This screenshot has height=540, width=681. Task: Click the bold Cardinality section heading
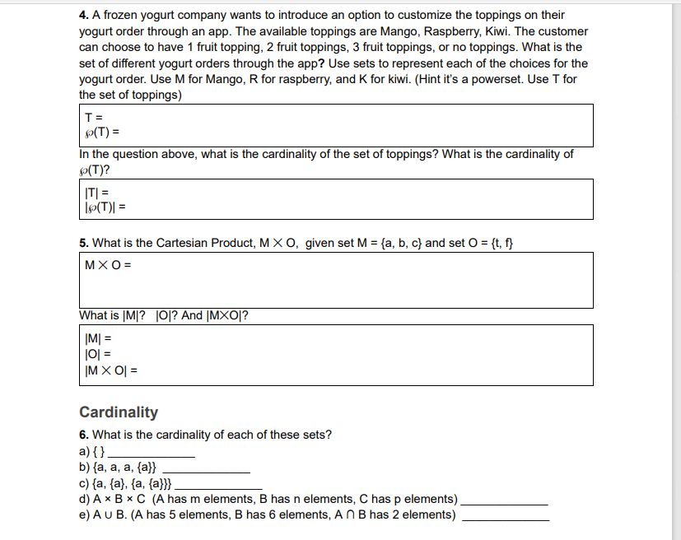coord(119,412)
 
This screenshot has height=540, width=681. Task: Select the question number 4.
coord(83,16)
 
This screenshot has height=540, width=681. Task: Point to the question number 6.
coord(83,435)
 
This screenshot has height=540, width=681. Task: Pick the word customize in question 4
coord(423,16)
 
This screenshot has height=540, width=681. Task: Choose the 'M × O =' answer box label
coord(108,265)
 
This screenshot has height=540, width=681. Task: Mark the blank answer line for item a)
coord(152,455)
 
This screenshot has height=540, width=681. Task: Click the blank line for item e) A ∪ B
coord(505,518)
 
